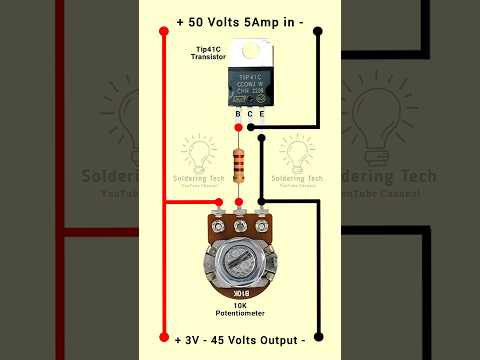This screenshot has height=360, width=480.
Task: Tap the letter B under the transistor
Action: pyautogui.click(x=238, y=115)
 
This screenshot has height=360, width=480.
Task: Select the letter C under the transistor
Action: pyautogui.click(x=249, y=115)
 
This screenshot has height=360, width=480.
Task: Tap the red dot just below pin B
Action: pyautogui.click(x=238, y=128)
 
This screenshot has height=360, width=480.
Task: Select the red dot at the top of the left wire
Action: pyautogui.click(x=164, y=31)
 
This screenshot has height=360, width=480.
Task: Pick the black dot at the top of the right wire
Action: pyautogui.click(x=318, y=31)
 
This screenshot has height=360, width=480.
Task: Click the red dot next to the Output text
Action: pyautogui.click(x=164, y=337)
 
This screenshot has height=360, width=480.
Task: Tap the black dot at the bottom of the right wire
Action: pyautogui.click(x=318, y=337)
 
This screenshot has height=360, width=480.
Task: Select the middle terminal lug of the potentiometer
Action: pyautogui.click(x=239, y=209)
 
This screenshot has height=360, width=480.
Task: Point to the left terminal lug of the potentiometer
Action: pyautogui.click(x=215, y=210)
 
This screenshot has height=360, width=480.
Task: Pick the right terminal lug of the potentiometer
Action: pyautogui.click(x=263, y=210)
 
